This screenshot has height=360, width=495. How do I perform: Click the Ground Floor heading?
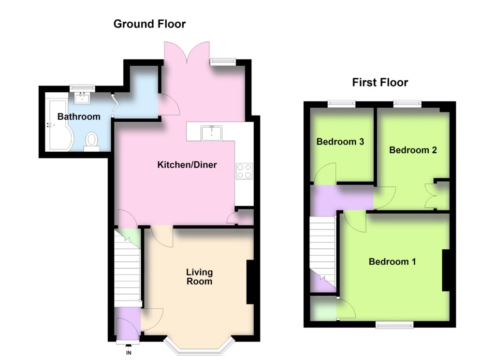(149, 24)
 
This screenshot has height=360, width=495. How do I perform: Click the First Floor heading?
(380, 82)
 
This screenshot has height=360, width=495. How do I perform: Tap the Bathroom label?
(79, 117)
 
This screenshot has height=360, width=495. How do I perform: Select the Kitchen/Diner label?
(187, 165)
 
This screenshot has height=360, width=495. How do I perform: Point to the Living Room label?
(199, 277)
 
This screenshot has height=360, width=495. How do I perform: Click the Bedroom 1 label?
(392, 261)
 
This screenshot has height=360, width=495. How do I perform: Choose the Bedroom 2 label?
(413, 150)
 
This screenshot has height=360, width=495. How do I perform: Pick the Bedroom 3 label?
(340, 142)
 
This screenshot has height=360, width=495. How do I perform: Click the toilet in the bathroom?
(92, 142)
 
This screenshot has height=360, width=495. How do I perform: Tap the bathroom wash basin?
(82, 98)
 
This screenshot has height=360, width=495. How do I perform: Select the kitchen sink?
(212, 133)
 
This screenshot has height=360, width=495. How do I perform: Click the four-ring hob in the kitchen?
(244, 171)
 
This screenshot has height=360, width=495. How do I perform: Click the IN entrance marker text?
(129, 353)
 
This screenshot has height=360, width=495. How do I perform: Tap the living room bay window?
(199, 348)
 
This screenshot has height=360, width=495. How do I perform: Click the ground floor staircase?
(127, 268)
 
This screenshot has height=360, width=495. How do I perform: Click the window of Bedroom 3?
(341, 104)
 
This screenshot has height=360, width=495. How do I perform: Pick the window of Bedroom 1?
(394, 325)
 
